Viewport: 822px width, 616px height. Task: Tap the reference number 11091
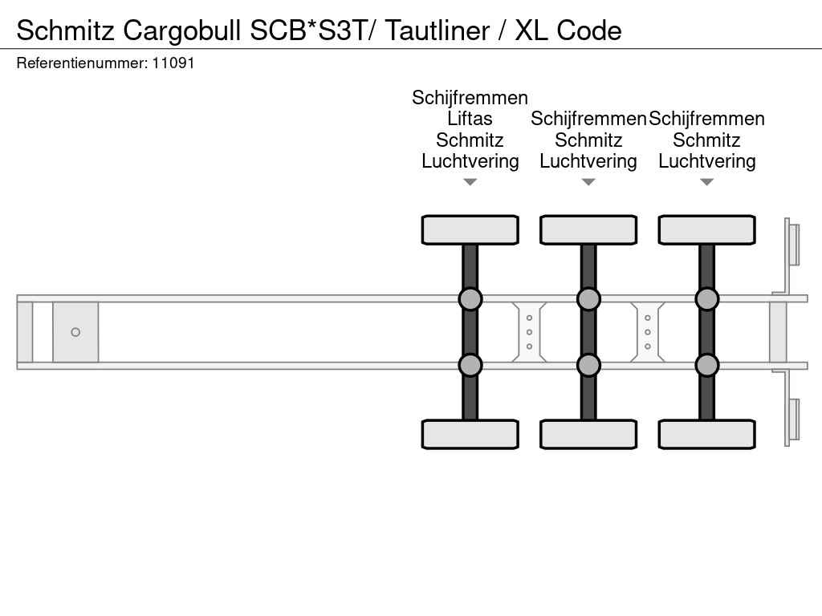[x=173, y=63]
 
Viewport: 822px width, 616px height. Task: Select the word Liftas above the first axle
[x=470, y=119]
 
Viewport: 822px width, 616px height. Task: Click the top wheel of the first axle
[x=470, y=230]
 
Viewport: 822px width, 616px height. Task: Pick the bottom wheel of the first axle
[x=470, y=434]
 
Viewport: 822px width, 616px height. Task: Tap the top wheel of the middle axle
[x=588, y=230]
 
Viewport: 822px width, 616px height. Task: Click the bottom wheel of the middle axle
[x=588, y=434]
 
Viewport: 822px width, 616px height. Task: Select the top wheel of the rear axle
[x=706, y=230]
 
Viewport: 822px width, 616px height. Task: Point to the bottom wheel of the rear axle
[x=706, y=434]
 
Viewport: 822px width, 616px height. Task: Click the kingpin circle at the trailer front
[x=75, y=332]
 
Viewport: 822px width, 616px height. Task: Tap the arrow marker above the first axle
[x=470, y=182]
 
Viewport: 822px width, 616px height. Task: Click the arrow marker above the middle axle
[x=588, y=182]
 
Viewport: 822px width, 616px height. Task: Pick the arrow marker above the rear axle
[x=706, y=182]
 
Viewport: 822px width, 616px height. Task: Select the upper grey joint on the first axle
[x=470, y=299]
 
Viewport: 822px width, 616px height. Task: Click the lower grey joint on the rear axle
[x=706, y=366]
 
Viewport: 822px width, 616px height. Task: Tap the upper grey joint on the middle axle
[x=588, y=299]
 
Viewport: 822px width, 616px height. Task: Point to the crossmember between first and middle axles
[x=529, y=332]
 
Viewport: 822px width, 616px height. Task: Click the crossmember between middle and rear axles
[x=648, y=332]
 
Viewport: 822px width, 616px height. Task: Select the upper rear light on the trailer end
[x=793, y=244]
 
